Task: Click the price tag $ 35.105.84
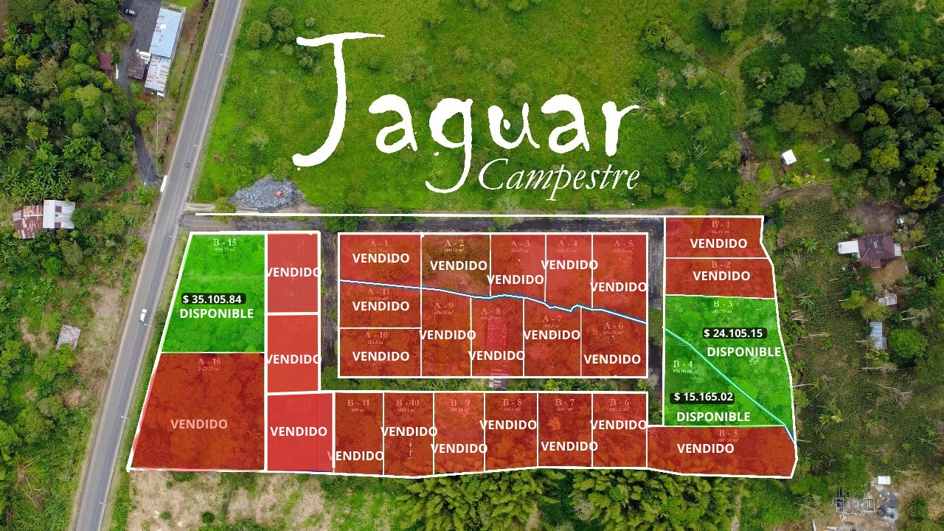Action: (213, 299)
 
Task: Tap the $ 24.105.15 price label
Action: (734, 333)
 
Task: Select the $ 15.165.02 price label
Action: (704, 397)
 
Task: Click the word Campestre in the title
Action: (558, 175)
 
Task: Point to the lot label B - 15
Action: (223, 243)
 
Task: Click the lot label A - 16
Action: (209, 361)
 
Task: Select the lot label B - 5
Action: (728, 433)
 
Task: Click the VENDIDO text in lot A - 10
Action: (381, 356)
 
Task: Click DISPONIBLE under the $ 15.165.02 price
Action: (713, 417)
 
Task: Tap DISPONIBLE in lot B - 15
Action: (216, 313)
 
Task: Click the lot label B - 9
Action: (459, 403)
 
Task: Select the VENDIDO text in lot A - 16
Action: (199, 424)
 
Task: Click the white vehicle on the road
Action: (143, 316)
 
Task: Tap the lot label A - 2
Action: (454, 243)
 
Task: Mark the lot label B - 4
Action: (682, 364)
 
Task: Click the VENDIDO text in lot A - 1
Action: (381, 258)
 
